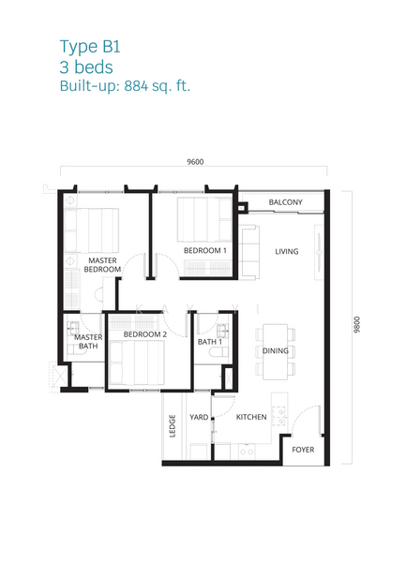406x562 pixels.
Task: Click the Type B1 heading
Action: pos(90,47)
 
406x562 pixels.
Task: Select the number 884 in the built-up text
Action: pos(136,86)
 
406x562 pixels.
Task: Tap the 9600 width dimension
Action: pos(195,162)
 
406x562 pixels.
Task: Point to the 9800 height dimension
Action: pos(356,325)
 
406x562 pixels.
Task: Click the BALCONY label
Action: pos(285,202)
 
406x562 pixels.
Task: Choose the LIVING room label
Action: pos(287,252)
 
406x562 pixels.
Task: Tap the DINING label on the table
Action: pos(276,351)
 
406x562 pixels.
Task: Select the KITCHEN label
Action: pos(251,417)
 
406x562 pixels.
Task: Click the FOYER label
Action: pos(303,450)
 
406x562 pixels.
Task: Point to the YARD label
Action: pos(199,417)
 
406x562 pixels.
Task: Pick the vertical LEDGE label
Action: pos(173,426)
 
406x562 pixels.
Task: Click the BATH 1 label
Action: pos(210,342)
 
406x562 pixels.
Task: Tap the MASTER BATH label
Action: pos(88,342)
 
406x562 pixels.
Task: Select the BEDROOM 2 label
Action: pos(145,334)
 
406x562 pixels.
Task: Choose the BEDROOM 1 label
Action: pos(205,250)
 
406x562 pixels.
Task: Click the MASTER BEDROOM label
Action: pos(102,265)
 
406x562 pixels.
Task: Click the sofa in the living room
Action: pos(249,252)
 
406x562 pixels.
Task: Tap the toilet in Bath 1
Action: pos(218,352)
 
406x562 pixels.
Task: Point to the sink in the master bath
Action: pos(73,328)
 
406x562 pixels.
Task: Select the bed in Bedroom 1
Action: pos(204,219)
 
